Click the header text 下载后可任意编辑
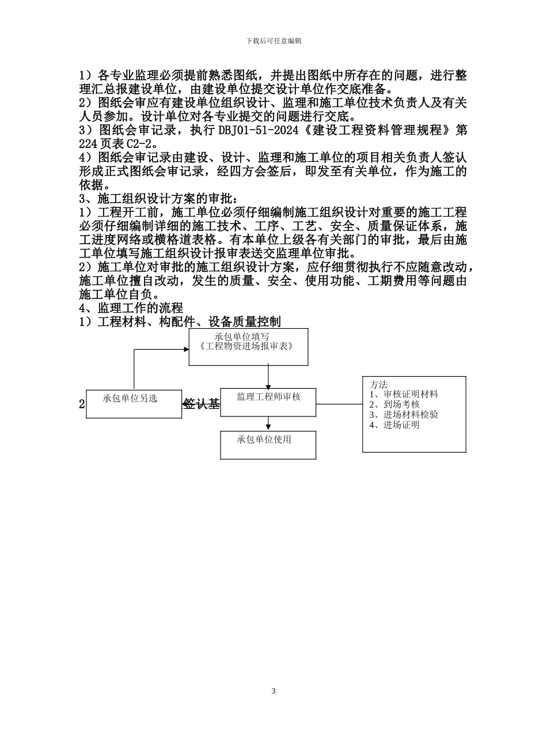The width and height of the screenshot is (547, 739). click(273, 41)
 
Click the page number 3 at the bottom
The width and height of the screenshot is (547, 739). click(273, 691)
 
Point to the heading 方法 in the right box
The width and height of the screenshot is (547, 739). click(378, 384)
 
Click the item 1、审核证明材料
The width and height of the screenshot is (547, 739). click(404, 395)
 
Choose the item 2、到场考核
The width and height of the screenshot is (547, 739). click(394, 404)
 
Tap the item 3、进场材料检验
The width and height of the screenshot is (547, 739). click(404, 415)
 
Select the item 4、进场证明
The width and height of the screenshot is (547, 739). click(394, 425)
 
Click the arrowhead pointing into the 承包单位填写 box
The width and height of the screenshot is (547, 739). click(186, 349)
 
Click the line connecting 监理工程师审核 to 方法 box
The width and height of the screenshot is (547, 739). click(339, 404)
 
